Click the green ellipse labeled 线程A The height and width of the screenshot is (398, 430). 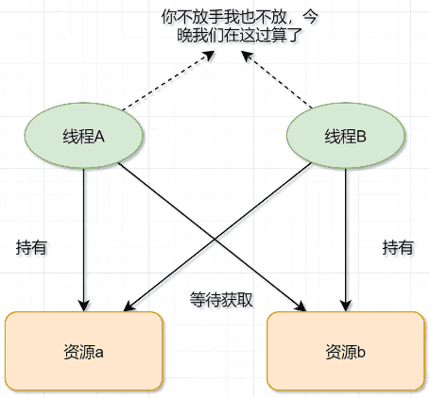click(84, 135)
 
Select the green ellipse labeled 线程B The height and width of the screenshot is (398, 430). click(346, 135)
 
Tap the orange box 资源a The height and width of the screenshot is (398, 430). click(84, 351)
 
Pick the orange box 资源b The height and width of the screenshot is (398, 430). click(346, 351)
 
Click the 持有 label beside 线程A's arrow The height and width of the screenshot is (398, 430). click(31, 247)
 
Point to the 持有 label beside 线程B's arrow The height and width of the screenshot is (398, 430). click(398, 247)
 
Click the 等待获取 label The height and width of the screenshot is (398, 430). click(221, 300)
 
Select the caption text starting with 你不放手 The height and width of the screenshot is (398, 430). click(239, 26)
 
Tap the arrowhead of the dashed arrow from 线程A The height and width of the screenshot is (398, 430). click(209, 56)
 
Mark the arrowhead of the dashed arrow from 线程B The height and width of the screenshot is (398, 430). click(248, 56)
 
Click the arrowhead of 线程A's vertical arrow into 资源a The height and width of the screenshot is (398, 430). click(84, 306)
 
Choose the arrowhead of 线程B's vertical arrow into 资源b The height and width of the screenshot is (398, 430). click(346, 306)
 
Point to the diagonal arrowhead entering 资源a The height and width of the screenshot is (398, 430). click(129, 307)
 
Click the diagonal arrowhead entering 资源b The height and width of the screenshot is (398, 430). click(301, 307)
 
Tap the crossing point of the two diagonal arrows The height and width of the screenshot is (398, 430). click(215, 240)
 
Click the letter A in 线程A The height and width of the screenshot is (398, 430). click(99, 137)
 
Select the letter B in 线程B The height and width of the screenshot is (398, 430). click(361, 137)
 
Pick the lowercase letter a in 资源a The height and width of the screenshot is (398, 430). click(99, 353)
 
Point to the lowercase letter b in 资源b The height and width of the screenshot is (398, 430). click(361, 352)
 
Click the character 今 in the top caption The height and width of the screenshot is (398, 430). click(310, 17)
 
